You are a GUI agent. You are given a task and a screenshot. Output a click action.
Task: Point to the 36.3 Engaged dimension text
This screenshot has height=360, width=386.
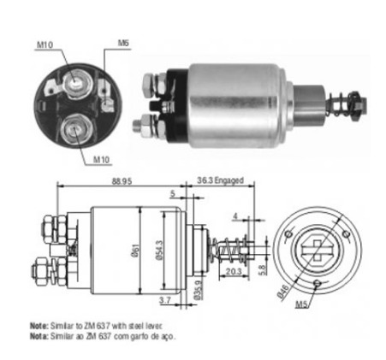click(x=220, y=181)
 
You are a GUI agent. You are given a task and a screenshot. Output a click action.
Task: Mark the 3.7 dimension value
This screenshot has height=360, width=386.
click(x=165, y=299)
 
